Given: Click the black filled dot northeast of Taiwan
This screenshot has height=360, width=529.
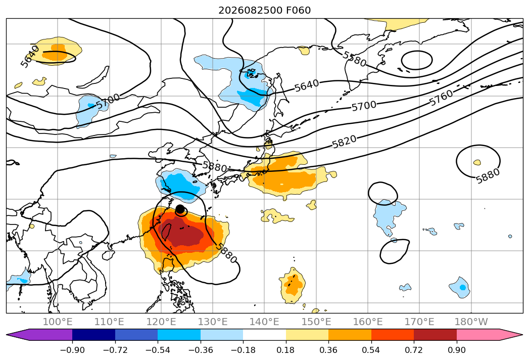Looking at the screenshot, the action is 180,209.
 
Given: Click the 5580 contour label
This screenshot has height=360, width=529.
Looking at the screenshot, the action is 354,59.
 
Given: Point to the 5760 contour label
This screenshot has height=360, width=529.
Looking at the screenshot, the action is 441,98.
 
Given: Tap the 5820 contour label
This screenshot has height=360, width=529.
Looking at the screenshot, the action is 344,142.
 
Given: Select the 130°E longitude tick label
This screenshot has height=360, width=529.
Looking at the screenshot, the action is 213,322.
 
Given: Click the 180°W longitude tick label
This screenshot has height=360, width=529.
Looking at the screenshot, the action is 471,322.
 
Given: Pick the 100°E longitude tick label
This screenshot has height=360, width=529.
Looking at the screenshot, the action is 58,322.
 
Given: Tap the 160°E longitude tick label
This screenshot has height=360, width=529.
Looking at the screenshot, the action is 368,322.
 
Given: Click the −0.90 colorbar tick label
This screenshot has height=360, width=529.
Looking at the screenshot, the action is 72,350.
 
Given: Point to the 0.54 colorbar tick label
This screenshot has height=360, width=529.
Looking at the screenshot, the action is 371,350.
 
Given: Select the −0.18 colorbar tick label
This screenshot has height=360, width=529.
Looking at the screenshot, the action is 243,350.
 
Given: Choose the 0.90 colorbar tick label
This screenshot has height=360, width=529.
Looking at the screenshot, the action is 456,350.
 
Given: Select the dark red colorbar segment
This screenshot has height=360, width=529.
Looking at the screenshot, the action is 435,334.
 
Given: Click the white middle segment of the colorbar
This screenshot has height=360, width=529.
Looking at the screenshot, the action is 265,334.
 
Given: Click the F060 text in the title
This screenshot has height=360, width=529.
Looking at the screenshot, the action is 298,11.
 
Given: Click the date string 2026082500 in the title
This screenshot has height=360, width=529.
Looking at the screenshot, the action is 251,11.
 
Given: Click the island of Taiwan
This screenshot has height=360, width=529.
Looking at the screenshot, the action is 166,232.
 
